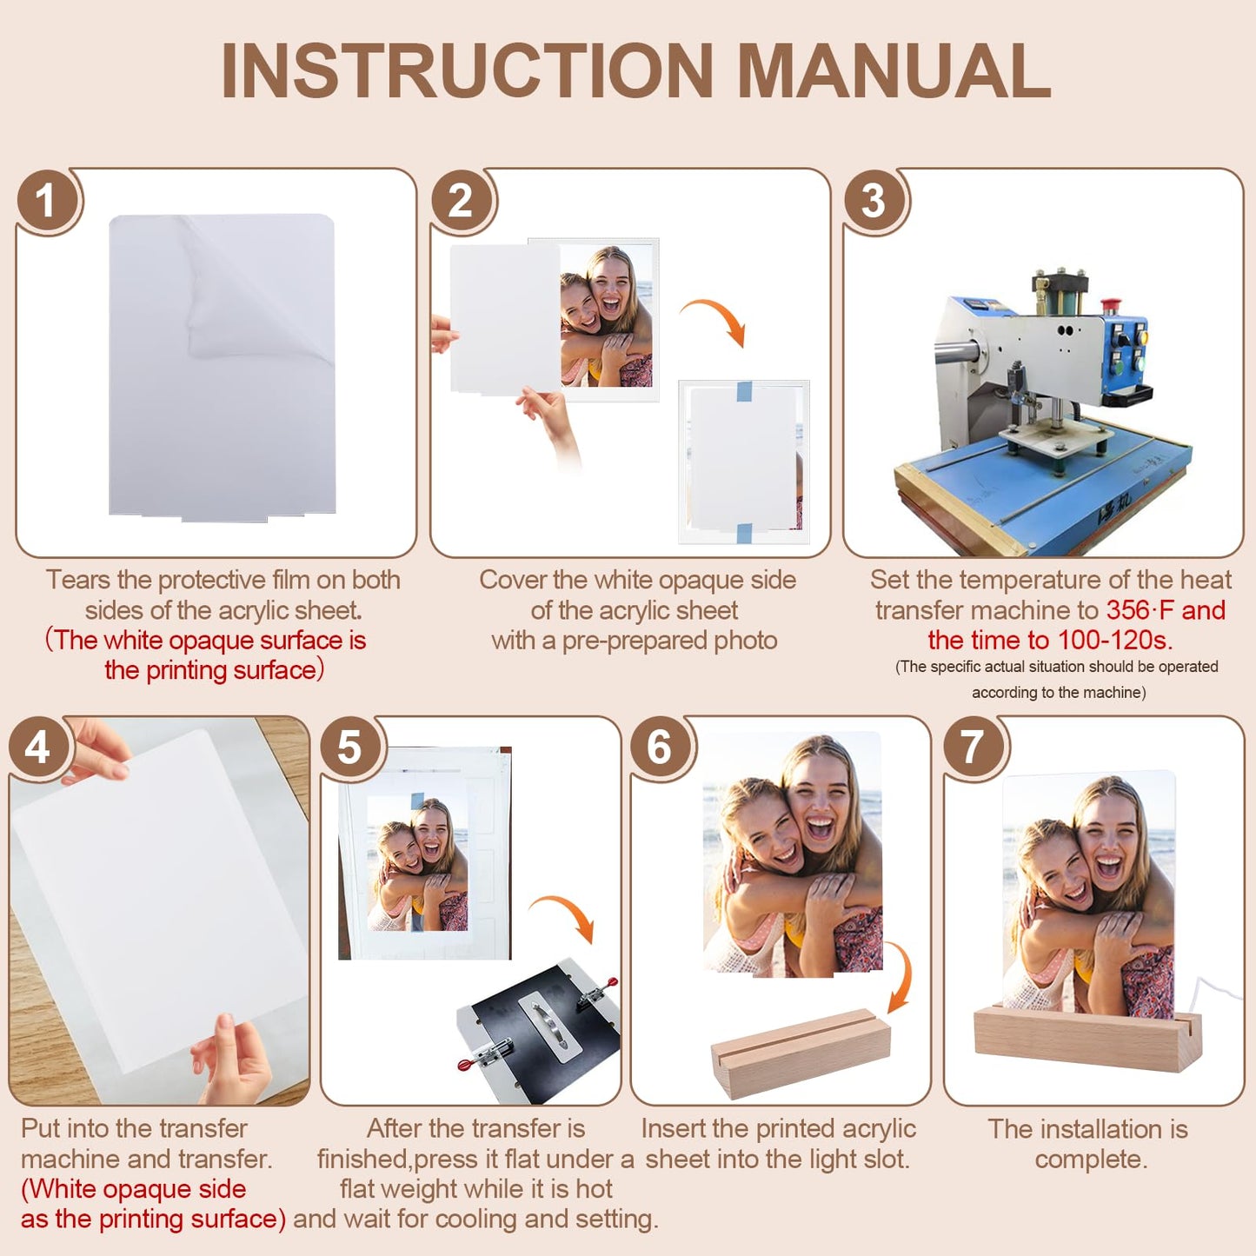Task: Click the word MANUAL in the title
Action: (894, 71)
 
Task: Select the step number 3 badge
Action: (873, 200)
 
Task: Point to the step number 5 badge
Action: (349, 747)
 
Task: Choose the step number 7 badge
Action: (972, 747)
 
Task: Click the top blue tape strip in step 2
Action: (744, 391)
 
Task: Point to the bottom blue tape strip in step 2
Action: (744, 533)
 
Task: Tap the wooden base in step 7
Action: (1084, 1040)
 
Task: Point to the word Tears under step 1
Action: (78, 580)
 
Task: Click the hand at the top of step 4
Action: (96, 749)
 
